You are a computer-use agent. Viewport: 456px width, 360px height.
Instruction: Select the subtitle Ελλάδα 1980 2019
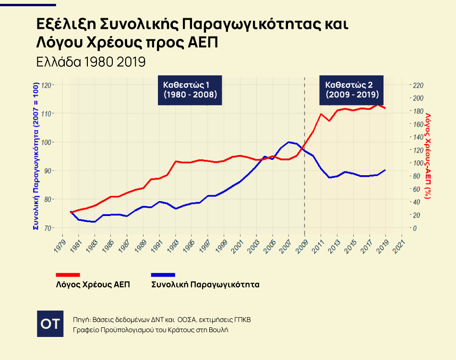coord(91,62)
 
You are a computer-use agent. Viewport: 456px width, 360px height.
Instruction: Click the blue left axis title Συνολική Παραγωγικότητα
coord(35,156)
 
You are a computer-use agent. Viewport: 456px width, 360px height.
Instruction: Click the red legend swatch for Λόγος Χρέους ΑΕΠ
coord(68,275)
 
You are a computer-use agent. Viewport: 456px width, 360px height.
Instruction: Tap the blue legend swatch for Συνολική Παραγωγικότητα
coord(163,275)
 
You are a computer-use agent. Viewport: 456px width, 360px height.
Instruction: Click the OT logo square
coord(50,323)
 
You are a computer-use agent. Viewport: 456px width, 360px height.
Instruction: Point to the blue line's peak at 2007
coord(289,142)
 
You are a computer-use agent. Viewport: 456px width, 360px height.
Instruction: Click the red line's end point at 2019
coord(385,108)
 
